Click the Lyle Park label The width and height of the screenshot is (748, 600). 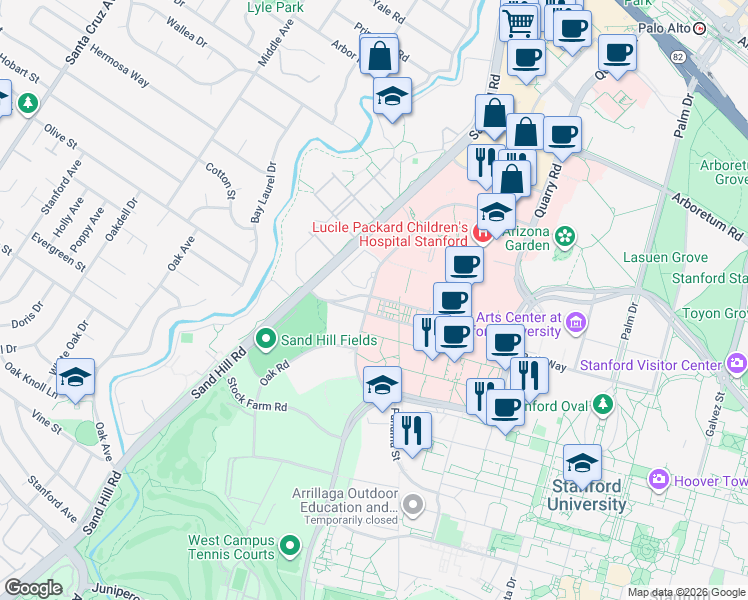[x=275, y=7]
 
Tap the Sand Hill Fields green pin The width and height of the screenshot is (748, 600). [x=266, y=340]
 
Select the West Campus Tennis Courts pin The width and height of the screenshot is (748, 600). [x=290, y=546]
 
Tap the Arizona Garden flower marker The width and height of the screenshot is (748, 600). [x=566, y=236]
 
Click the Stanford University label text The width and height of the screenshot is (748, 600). [x=586, y=495]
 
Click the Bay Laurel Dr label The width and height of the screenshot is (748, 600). [x=262, y=192]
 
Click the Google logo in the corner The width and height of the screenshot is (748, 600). [x=33, y=588]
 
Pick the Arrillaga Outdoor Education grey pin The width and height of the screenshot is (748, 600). [x=413, y=502]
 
